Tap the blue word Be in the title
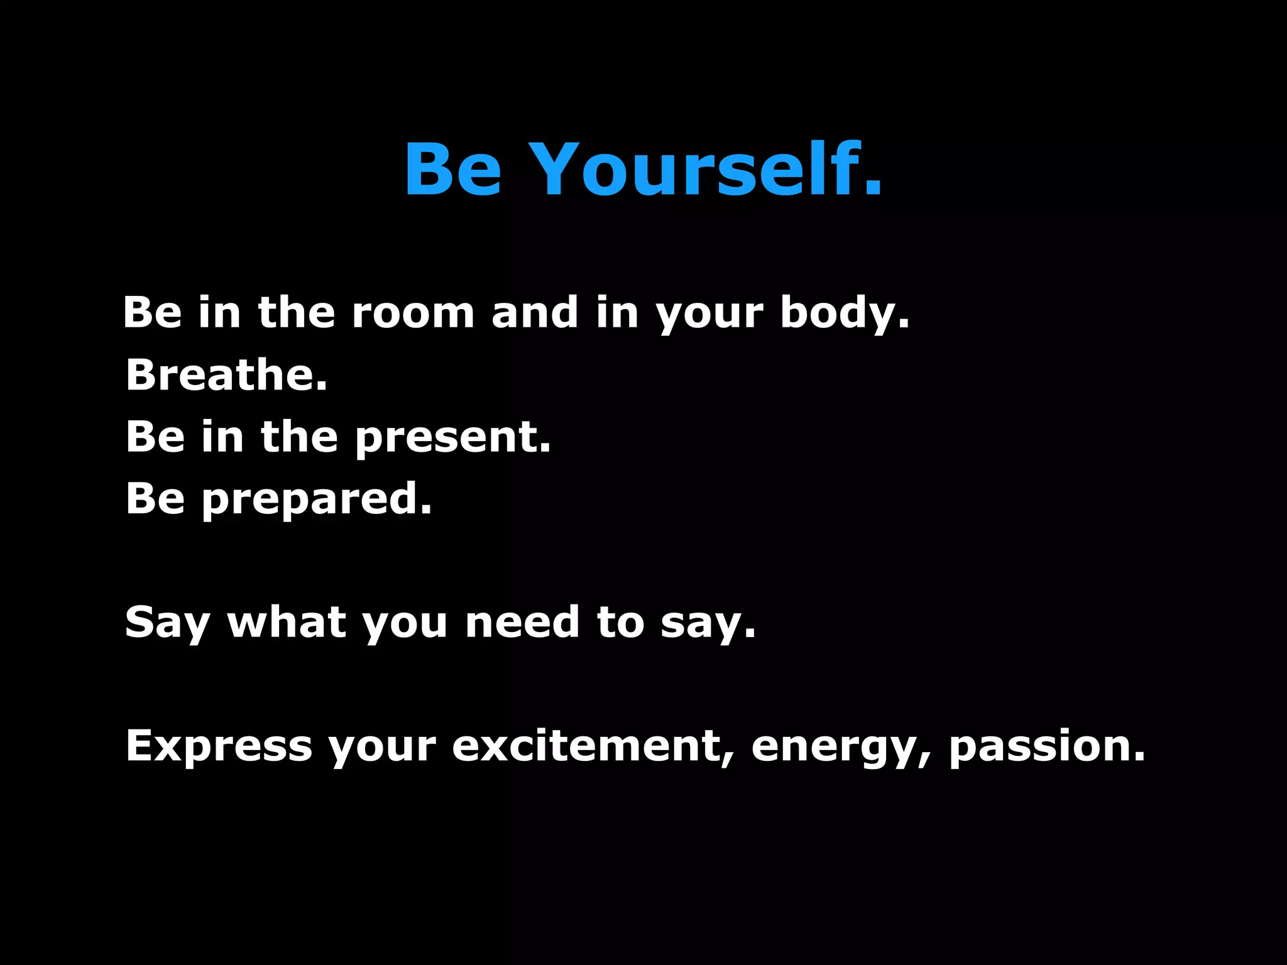[452, 170]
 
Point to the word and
[535, 312]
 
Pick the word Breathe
[226, 374]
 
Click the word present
[452, 437]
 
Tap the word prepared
[317, 499]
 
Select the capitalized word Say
[167, 623]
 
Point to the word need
[522, 622]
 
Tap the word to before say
[621, 622]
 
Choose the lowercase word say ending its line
[708, 623]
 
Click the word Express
[219, 746]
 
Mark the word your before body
[709, 313]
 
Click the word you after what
[405, 623]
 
